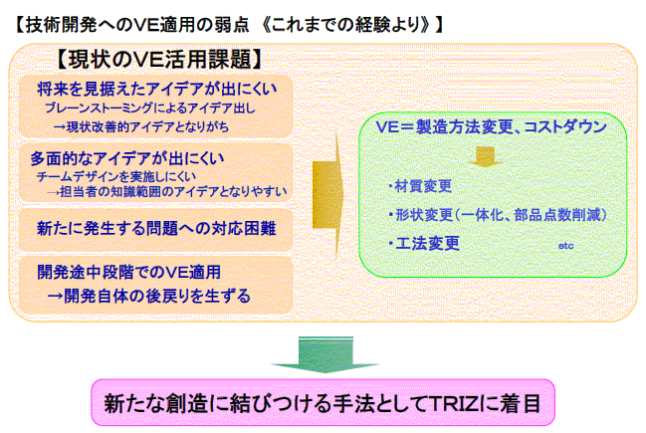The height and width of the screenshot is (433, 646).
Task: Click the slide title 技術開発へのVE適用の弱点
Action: coord(137,25)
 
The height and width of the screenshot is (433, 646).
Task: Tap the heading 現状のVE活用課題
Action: coord(159,60)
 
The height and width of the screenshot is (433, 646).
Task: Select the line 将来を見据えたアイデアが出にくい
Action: coord(157,89)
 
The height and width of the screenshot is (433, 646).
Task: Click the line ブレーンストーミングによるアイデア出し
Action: coord(150,108)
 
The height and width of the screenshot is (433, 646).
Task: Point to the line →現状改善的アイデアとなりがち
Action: coord(141,126)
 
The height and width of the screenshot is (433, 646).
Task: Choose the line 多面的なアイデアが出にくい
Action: coord(127,158)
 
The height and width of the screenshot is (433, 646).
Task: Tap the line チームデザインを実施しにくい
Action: coord(116,177)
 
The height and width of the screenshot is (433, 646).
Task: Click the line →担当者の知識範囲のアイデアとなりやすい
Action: coord(166,192)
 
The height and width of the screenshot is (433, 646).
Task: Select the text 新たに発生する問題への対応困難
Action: coord(156,228)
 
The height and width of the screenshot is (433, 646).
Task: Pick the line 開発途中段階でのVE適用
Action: coord(129,273)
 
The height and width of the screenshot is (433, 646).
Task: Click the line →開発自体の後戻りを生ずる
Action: coord(148,296)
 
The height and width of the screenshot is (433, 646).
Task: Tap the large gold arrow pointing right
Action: coord(327,194)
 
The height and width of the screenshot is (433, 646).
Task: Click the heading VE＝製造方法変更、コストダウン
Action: coord(491,126)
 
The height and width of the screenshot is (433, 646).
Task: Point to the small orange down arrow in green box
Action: coord(486,157)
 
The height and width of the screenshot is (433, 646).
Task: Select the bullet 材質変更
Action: coord(420,186)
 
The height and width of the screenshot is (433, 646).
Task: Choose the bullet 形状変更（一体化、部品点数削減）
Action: coord(498,215)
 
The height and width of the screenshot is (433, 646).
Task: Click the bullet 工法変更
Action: coord(424,243)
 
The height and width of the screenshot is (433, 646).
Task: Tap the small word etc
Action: coord(565,246)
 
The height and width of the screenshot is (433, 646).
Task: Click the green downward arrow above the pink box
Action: coord(325,355)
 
